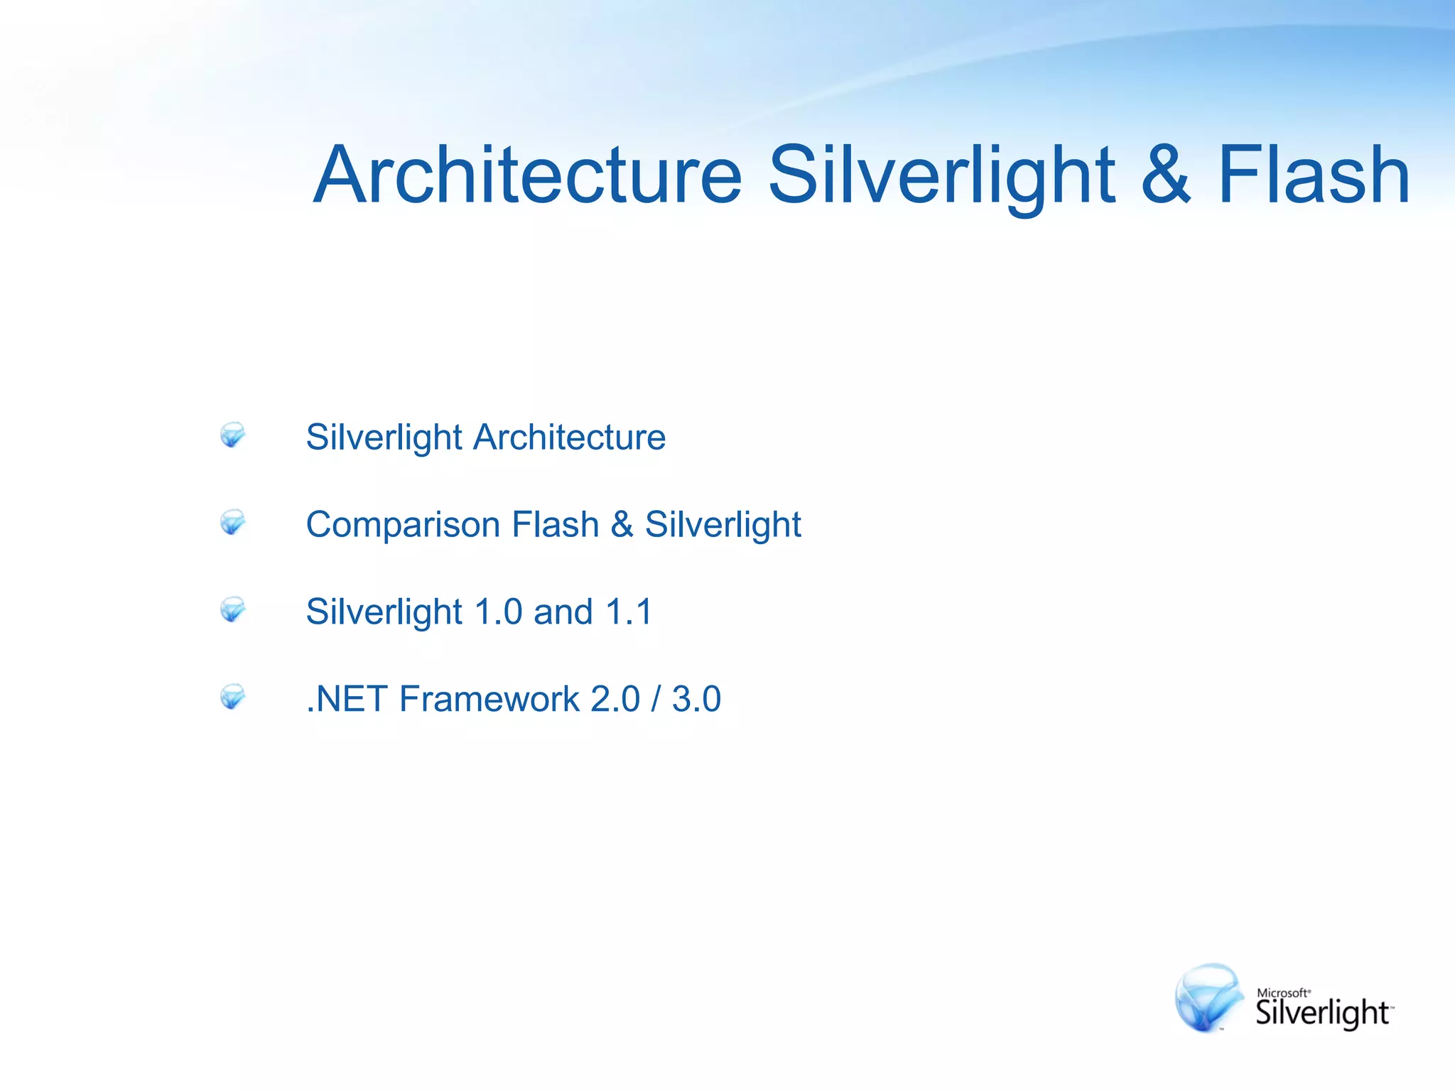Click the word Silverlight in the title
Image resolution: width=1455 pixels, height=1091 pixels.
click(x=941, y=175)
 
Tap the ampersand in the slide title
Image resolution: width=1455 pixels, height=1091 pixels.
click(x=1166, y=175)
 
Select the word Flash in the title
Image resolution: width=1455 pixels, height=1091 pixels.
click(x=1314, y=175)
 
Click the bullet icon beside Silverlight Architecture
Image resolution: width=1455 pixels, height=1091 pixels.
click(x=232, y=435)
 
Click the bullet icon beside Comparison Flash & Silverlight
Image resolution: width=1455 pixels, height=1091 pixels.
click(x=232, y=522)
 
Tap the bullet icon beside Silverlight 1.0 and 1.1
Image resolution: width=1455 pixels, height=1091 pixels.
click(x=232, y=609)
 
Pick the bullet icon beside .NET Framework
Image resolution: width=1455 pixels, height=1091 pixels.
click(x=232, y=697)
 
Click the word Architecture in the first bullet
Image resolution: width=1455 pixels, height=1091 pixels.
click(x=570, y=437)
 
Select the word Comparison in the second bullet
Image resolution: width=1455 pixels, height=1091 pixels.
click(x=403, y=525)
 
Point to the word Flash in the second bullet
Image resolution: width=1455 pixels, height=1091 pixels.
click(x=556, y=525)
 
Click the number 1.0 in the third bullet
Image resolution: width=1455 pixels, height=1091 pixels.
click(x=498, y=612)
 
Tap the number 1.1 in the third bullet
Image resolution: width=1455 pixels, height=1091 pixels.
click(x=629, y=612)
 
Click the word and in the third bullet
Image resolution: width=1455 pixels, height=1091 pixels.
click(x=563, y=612)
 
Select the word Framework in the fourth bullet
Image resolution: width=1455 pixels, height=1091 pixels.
click(x=489, y=700)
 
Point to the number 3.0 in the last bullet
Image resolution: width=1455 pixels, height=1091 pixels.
click(x=696, y=700)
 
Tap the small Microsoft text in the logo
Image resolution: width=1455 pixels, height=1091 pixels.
click(x=1283, y=993)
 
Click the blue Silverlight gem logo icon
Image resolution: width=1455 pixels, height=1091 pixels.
click(x=1208, y=998)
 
